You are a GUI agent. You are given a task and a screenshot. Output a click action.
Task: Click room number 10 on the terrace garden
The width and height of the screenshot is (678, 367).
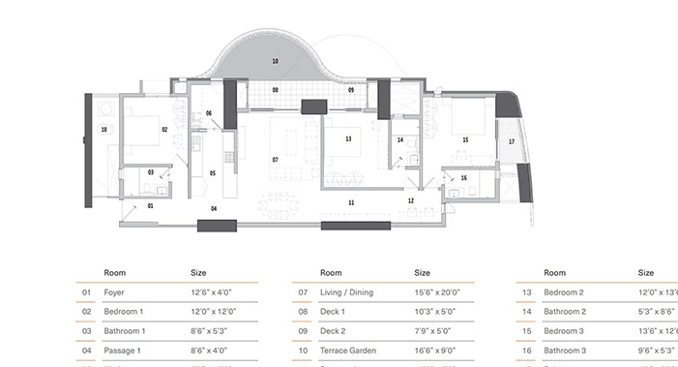tap(276, 61)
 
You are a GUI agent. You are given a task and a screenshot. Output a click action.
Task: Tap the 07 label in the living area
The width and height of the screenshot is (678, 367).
tap(276, 159)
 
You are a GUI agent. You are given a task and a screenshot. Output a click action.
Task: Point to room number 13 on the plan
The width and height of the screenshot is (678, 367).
tap(348, 139)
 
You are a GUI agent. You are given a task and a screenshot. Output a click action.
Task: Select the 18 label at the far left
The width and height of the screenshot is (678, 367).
tap(103, 129)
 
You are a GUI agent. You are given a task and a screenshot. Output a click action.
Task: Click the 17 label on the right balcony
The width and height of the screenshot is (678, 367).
tap(512, 141)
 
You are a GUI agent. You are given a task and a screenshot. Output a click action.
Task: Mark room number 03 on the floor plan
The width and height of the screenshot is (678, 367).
tap(151, 172)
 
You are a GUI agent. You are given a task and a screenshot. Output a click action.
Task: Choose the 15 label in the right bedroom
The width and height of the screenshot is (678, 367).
tap(465, 140)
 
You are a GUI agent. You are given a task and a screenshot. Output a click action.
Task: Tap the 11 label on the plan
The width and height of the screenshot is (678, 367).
tap(351, 201)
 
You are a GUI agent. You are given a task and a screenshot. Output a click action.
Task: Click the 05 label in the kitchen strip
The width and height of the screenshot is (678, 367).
tap(212, 173)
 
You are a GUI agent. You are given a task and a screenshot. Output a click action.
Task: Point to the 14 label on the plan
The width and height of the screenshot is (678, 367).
tap(400, 140)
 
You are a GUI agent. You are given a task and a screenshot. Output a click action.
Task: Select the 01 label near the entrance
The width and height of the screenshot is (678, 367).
tap(151, 206)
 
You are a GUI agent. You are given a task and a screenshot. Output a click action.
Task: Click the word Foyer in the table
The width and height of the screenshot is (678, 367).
tap(114, 291)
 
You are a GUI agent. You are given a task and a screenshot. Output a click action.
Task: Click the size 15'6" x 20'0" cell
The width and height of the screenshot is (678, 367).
tap(437, 291)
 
